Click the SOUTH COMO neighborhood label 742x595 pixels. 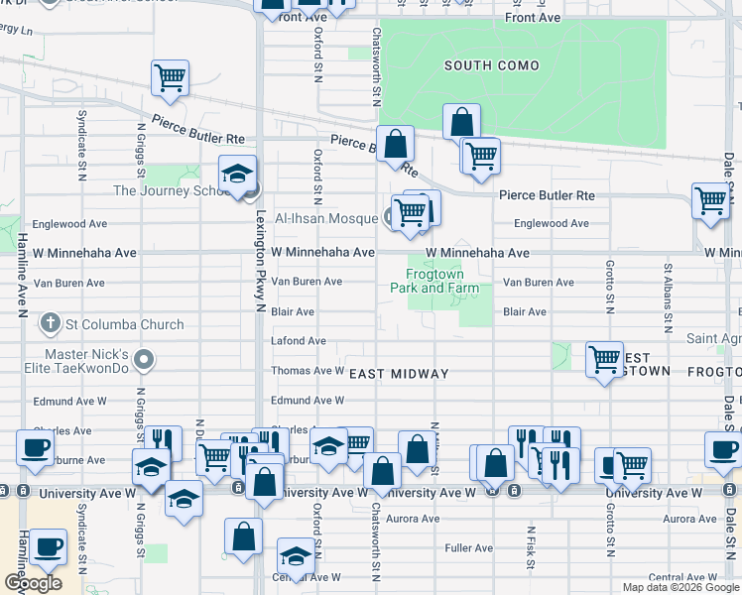tap(491, 66)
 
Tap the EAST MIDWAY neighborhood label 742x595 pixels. tap(399, 374)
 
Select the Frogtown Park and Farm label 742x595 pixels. tap(441, 281)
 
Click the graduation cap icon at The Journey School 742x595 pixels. tap(238, 174)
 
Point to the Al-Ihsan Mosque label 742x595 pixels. tap(326, 218)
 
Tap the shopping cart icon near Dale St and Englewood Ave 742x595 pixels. tap(710, 199)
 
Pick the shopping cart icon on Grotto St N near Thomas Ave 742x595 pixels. tap(604, 358)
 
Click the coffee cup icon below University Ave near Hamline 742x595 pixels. tap(47, 545)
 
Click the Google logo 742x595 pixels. tap(33, 583)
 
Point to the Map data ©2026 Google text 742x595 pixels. tap(680, 587)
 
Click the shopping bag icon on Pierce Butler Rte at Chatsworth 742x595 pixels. tap(395, 143)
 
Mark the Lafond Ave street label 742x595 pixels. tap(299, 341)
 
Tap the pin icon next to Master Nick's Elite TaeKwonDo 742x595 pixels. tap(146, 359)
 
